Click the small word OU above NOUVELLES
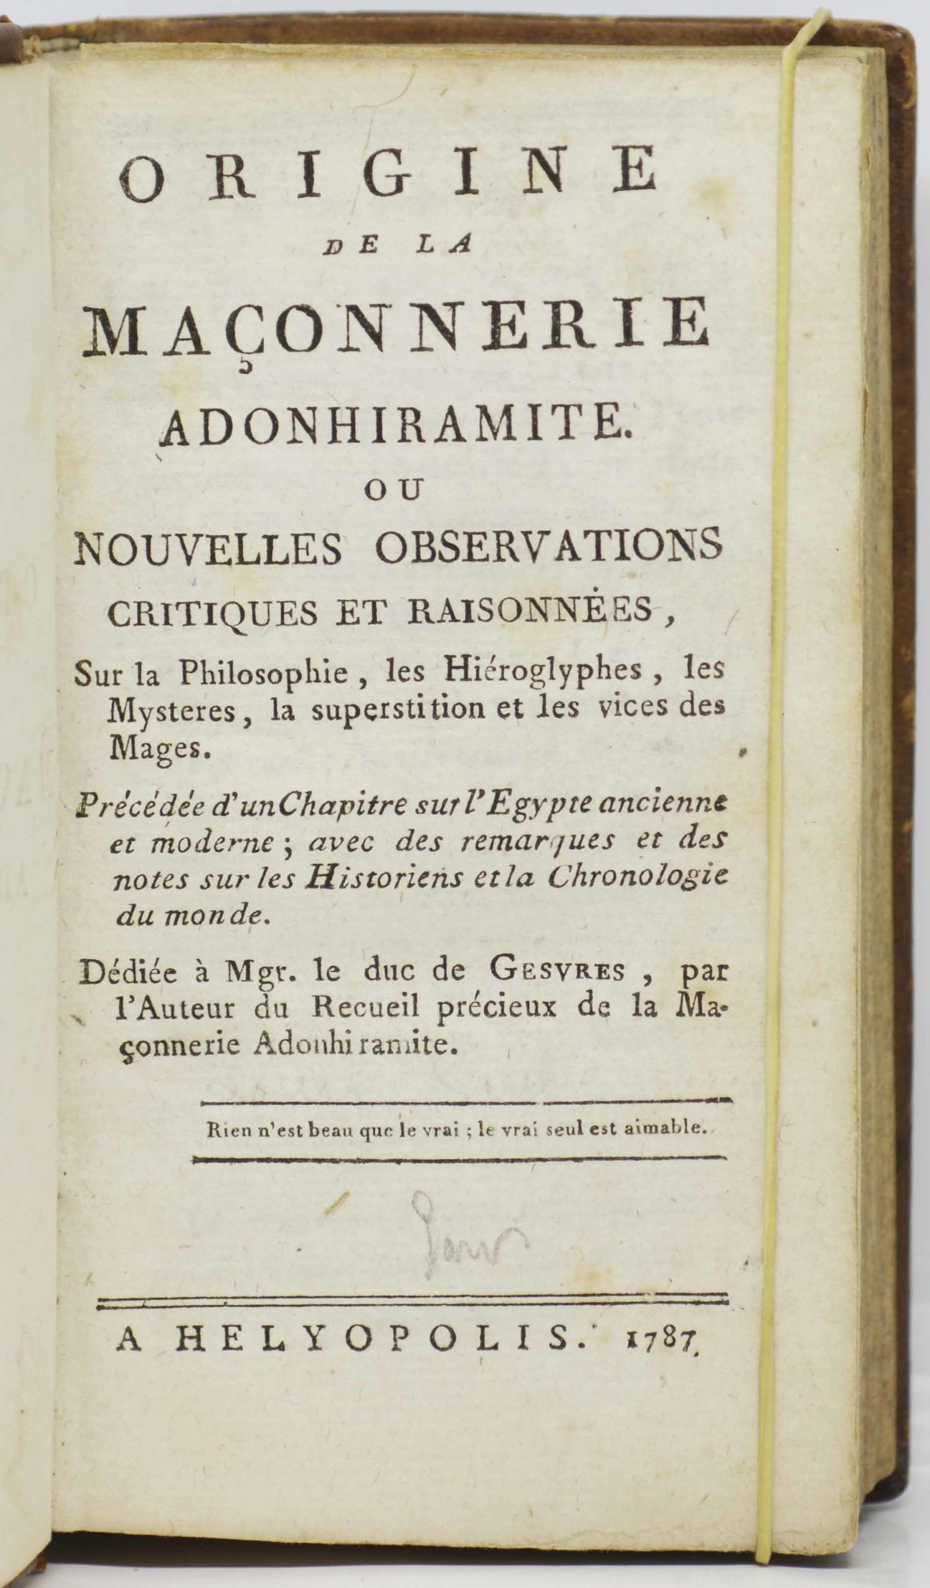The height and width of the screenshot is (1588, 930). point(394,491)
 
